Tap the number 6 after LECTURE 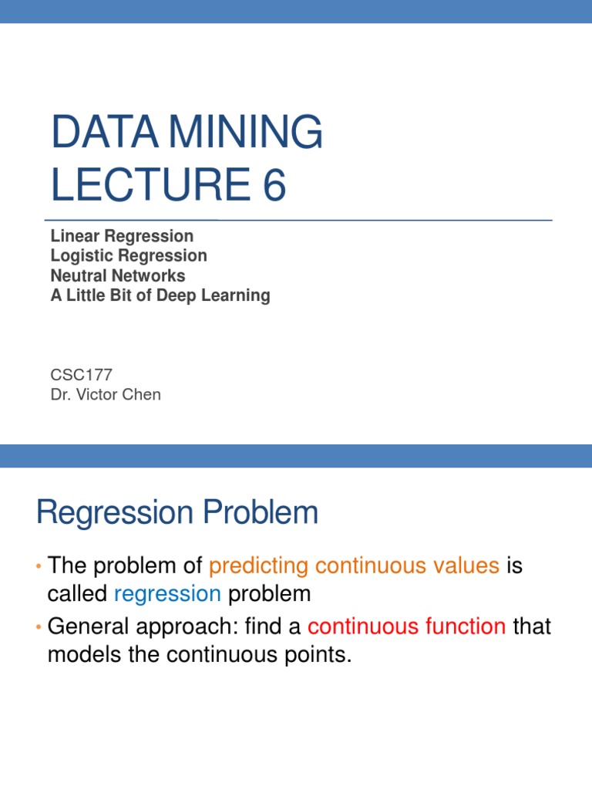[273, 185]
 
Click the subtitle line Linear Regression [122, 235]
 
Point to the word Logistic [82, 255]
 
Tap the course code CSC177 [81, 375]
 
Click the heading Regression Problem [177, 513]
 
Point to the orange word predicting [259, 566]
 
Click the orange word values [464, 566]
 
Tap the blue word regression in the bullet [167, 594]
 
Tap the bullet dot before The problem [39, 567]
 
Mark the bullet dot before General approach [39, 626]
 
